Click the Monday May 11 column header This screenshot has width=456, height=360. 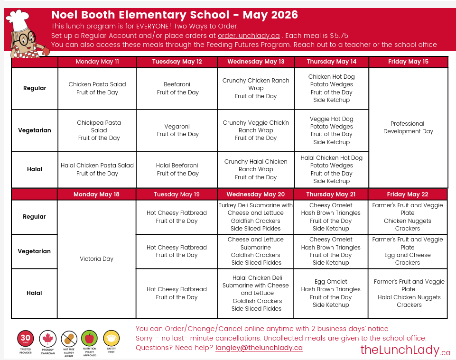[97, 62]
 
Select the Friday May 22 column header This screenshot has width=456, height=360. [407, 194]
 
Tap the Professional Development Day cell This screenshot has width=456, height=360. [408, 128]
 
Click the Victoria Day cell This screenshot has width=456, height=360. [96, 259]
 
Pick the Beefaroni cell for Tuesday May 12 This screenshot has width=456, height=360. [177, 88]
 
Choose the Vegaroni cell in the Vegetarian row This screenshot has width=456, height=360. [177, 130]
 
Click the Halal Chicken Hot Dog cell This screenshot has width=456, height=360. [331, 169]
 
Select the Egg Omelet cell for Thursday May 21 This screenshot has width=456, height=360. [331, 293]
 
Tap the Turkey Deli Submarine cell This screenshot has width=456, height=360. [256, 217]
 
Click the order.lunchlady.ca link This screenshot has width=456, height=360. [248, 36]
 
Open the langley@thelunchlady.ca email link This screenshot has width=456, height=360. [259, 348]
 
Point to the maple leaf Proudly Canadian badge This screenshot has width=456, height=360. [47, 339]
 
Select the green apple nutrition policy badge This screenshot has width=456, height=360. [89, 339]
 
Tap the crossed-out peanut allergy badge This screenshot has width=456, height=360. [69, 339]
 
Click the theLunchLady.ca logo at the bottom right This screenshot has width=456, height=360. [405, 350]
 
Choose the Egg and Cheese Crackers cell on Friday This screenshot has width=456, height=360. [408, 251]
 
